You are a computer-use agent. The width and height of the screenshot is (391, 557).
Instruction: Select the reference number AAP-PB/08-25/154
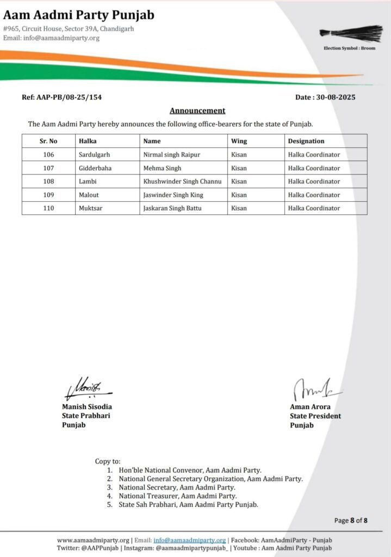click(x=61, y=97)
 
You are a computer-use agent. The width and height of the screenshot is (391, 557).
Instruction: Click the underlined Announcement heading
click(x=197, y=110)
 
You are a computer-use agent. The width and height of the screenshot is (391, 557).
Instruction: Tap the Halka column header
click(x=88, y=141)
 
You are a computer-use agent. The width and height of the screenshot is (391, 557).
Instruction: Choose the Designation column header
click(x=306, y=141)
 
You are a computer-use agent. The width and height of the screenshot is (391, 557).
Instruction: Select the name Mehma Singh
click(x=162, y=168)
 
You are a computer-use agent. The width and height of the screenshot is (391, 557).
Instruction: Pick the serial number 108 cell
click(x=48, y=181)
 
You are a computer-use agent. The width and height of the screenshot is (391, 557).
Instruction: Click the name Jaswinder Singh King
click(x=173, y=195)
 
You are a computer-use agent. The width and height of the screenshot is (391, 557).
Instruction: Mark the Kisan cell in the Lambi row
click(x=239, y=181)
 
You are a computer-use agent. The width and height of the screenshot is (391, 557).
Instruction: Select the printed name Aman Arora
click(x=310, y=407)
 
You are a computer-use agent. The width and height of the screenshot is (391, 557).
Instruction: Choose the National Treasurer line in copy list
click(x=178, y=496)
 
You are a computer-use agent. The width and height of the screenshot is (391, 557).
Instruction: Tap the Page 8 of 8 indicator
click(x=351, y=521)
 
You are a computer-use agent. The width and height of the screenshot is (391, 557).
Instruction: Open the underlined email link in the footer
click(x=189, y=540)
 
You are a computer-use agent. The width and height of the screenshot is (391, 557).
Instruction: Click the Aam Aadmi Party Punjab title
click(x=78, y=15)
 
